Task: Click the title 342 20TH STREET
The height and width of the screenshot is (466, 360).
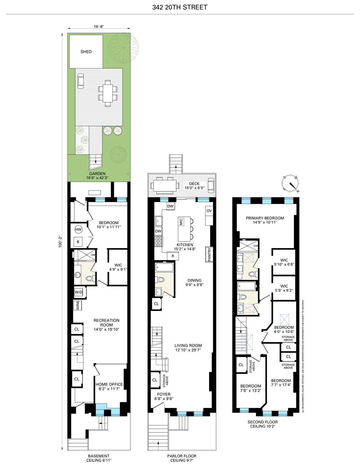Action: [180, 7]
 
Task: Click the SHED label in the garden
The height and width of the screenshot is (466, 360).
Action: [86, 52]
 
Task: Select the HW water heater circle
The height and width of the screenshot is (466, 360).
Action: [78, 230]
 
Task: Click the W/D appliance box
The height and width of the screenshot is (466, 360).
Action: [79, 292]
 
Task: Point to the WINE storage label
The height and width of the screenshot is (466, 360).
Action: [78, 305]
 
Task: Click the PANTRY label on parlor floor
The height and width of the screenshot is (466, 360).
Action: [209, 254]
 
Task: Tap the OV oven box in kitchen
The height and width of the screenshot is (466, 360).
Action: [209, 211]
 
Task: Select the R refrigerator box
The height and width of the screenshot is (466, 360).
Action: [173, 256]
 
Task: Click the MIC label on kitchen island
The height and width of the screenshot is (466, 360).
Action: [181, 222]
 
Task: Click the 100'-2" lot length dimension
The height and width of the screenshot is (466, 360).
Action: [61, 241]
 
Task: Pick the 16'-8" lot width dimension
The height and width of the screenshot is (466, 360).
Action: [99, 26]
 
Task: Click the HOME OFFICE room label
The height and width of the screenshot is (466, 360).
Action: [109, 384]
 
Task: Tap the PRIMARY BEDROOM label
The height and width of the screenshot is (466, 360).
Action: [265, 218]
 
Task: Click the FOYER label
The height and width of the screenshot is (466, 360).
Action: [164, 394]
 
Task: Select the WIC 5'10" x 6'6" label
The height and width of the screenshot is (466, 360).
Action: [284, 262]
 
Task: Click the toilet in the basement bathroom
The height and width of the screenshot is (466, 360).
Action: [90, 278]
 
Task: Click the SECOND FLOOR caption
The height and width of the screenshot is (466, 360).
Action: [262, 422]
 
